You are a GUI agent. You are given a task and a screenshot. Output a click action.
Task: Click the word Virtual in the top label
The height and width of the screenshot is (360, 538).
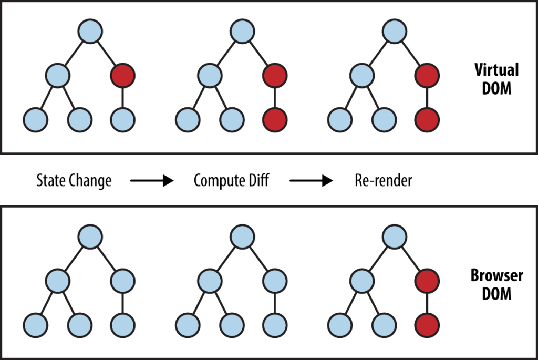click(x=496, y=70)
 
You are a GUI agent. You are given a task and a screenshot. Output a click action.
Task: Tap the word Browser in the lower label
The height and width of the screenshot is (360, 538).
click(x=496, y=276)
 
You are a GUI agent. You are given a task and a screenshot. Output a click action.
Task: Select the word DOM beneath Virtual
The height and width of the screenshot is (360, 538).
click(x=496, y=88)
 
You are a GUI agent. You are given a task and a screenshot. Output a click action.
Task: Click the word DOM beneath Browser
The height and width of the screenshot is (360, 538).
click(x=496, y=293)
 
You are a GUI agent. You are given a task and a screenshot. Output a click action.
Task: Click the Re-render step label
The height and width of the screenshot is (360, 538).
click(x=384, y=181)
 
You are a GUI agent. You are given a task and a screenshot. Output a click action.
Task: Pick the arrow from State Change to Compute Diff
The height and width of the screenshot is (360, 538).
click(x=152, y=181)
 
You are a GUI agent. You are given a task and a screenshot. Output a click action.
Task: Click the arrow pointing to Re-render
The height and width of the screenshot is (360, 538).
click(x=312, y=181)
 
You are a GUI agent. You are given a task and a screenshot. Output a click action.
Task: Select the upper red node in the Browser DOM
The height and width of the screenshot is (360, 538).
click(x=426, y=281)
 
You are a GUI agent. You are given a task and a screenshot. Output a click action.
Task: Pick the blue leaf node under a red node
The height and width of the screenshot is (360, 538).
click(x=122, y=119)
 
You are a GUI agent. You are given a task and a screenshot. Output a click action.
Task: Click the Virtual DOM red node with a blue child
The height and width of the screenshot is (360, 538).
click(x=122, y=76)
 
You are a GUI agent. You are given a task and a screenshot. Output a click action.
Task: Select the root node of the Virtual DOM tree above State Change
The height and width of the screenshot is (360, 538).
click(x=90, y=31)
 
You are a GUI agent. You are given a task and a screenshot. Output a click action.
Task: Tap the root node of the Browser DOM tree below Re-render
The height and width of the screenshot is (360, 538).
click(x=394, y=236)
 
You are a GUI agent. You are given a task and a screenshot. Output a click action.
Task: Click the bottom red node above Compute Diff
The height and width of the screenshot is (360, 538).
click(x=275, y=119)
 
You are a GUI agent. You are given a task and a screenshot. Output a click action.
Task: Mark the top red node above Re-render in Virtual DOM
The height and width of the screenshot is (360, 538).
click(x=426, y=76)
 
